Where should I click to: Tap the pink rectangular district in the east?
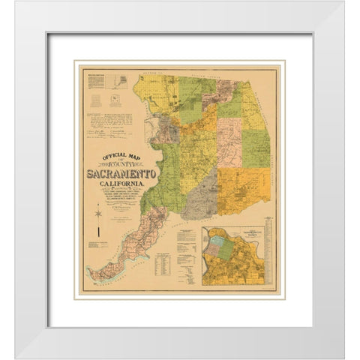[231, 139]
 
